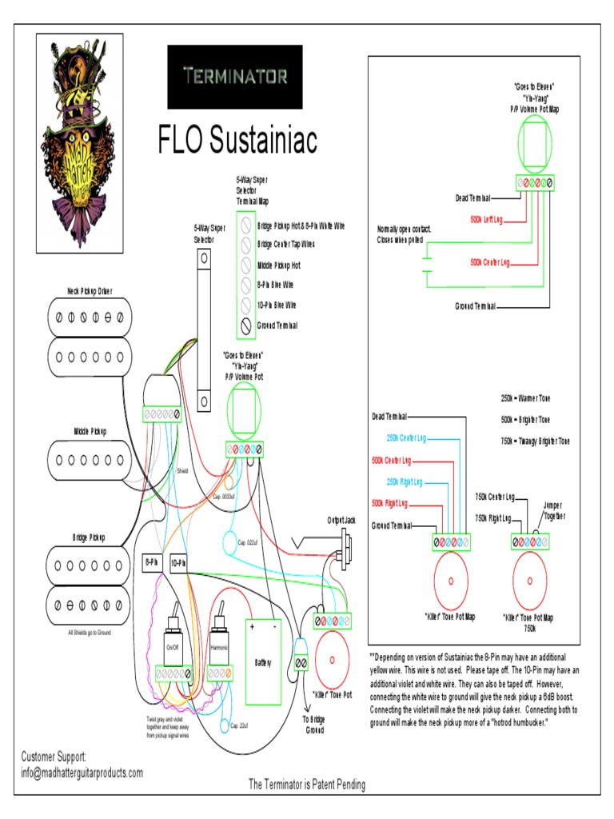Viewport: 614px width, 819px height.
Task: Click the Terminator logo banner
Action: click(234, 77)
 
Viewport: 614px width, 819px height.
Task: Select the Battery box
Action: click(263, 661)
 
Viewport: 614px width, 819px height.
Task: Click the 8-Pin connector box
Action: click(152, 563)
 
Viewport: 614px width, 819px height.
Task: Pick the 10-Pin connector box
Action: click(178, 563)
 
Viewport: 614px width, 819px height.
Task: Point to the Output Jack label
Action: click(341, 520)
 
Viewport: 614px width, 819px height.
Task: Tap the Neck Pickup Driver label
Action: click(89, 291)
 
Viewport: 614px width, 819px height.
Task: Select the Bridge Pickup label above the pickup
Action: click(89, 537)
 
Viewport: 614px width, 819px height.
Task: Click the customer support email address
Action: click(82, 773)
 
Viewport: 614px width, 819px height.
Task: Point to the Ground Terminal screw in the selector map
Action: click(245, 326)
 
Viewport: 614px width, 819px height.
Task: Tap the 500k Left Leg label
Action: click(486, 218)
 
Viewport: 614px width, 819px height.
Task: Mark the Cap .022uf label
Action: click(250, 543)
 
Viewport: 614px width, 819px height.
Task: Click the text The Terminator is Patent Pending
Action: click(307, 785)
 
